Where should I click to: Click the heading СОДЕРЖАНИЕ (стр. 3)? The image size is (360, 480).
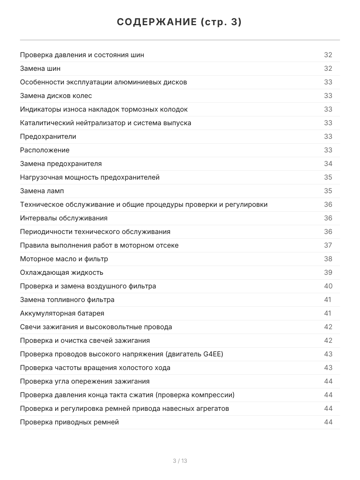[180, 22]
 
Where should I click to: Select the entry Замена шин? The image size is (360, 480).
[40, 68]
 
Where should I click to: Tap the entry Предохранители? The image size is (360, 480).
[48, 136]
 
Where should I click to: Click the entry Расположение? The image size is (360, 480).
[45, 150]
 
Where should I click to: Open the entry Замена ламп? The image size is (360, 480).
[42, 191]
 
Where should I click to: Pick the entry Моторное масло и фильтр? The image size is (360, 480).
[64, 259]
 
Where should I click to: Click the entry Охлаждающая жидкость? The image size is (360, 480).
[62, 272]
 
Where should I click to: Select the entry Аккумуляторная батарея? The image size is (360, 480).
[62, 313]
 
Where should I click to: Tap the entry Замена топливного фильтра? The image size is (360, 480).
[67, 300]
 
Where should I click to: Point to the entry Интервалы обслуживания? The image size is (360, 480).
[64, 218]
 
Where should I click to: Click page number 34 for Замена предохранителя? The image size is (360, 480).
[328, 164]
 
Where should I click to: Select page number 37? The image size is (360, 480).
[328, 245]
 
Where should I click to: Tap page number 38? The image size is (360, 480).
[328, 259]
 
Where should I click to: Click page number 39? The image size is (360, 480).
[328, 272]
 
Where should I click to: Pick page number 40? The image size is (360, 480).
[328, 286]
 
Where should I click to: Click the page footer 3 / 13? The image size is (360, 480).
[180, 461]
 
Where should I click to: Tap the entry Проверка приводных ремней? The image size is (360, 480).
[69, 422]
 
